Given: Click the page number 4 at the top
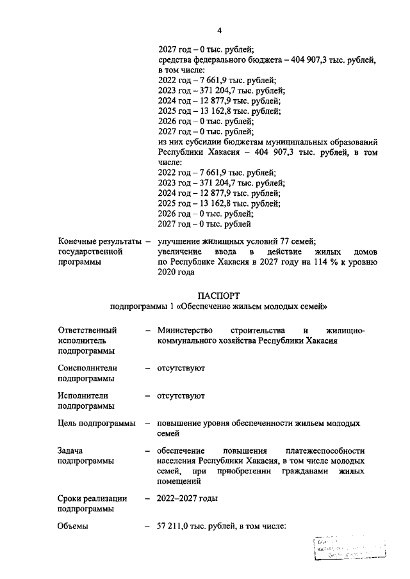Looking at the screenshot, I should pyautogui.click(x=219, y=30).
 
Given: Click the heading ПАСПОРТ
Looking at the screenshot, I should pyautogui.click(x=218, y=296).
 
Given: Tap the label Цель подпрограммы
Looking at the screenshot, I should pyautogui.click(x=96, y=423).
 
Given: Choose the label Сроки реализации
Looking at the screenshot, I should pyautogui.click(x=92, y=498).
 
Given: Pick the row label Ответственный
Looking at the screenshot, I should pyautogui.click(x=87, y=330).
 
